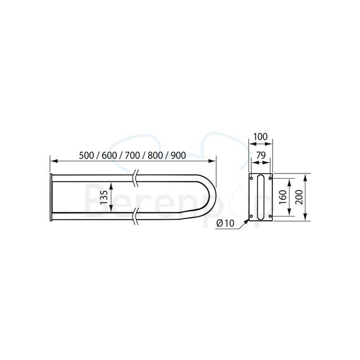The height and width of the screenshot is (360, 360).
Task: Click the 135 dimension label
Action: [104, 197]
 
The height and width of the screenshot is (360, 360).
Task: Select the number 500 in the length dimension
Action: [87, 155]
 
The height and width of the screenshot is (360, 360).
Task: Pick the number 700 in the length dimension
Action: [133, 155]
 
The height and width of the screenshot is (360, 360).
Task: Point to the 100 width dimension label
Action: [261, 137]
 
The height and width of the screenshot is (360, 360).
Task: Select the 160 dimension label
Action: [282, 198]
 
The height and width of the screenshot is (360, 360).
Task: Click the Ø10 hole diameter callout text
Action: [225, 223]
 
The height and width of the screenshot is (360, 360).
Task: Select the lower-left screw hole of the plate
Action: [252, 216]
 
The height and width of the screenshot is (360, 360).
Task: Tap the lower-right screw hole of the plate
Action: [270, 216]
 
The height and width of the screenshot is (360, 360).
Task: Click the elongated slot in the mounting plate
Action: [261, 198]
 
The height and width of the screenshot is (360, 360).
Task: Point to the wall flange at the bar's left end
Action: [50, 198]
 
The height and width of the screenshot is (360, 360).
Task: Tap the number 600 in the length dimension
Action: [110, 155]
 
